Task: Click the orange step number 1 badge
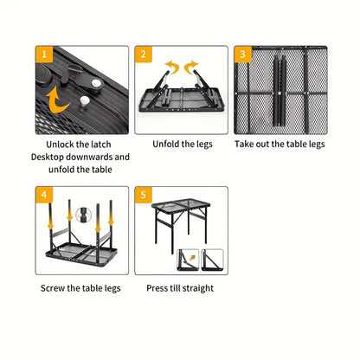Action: [42, 55]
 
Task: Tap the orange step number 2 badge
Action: [143, 55]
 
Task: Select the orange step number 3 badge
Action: [241, 55]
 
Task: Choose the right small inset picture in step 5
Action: [213, 259]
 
